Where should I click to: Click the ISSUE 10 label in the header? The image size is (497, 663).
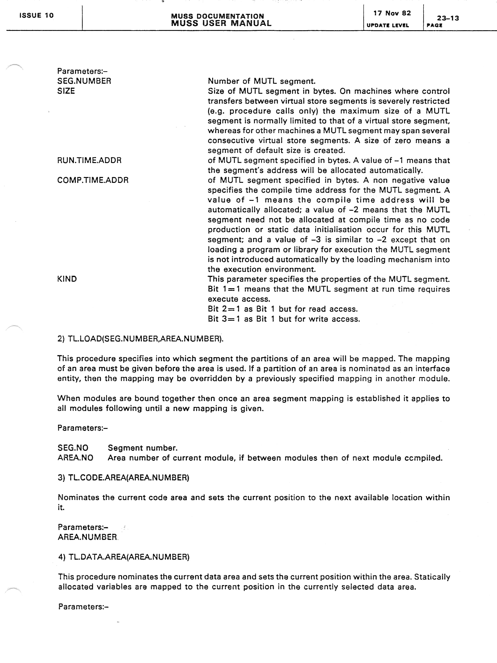36,15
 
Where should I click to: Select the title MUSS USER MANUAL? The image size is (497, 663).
221,23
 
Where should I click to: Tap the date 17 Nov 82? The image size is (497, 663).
392,13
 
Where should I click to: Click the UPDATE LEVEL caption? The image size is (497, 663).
388,25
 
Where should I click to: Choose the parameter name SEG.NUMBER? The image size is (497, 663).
84,81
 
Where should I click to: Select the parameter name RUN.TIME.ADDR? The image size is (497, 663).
89,160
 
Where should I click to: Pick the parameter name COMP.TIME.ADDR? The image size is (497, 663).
93,180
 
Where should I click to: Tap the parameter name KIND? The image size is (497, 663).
67,279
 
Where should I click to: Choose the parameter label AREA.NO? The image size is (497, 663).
75,458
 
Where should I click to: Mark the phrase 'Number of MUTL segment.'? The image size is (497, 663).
262,81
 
